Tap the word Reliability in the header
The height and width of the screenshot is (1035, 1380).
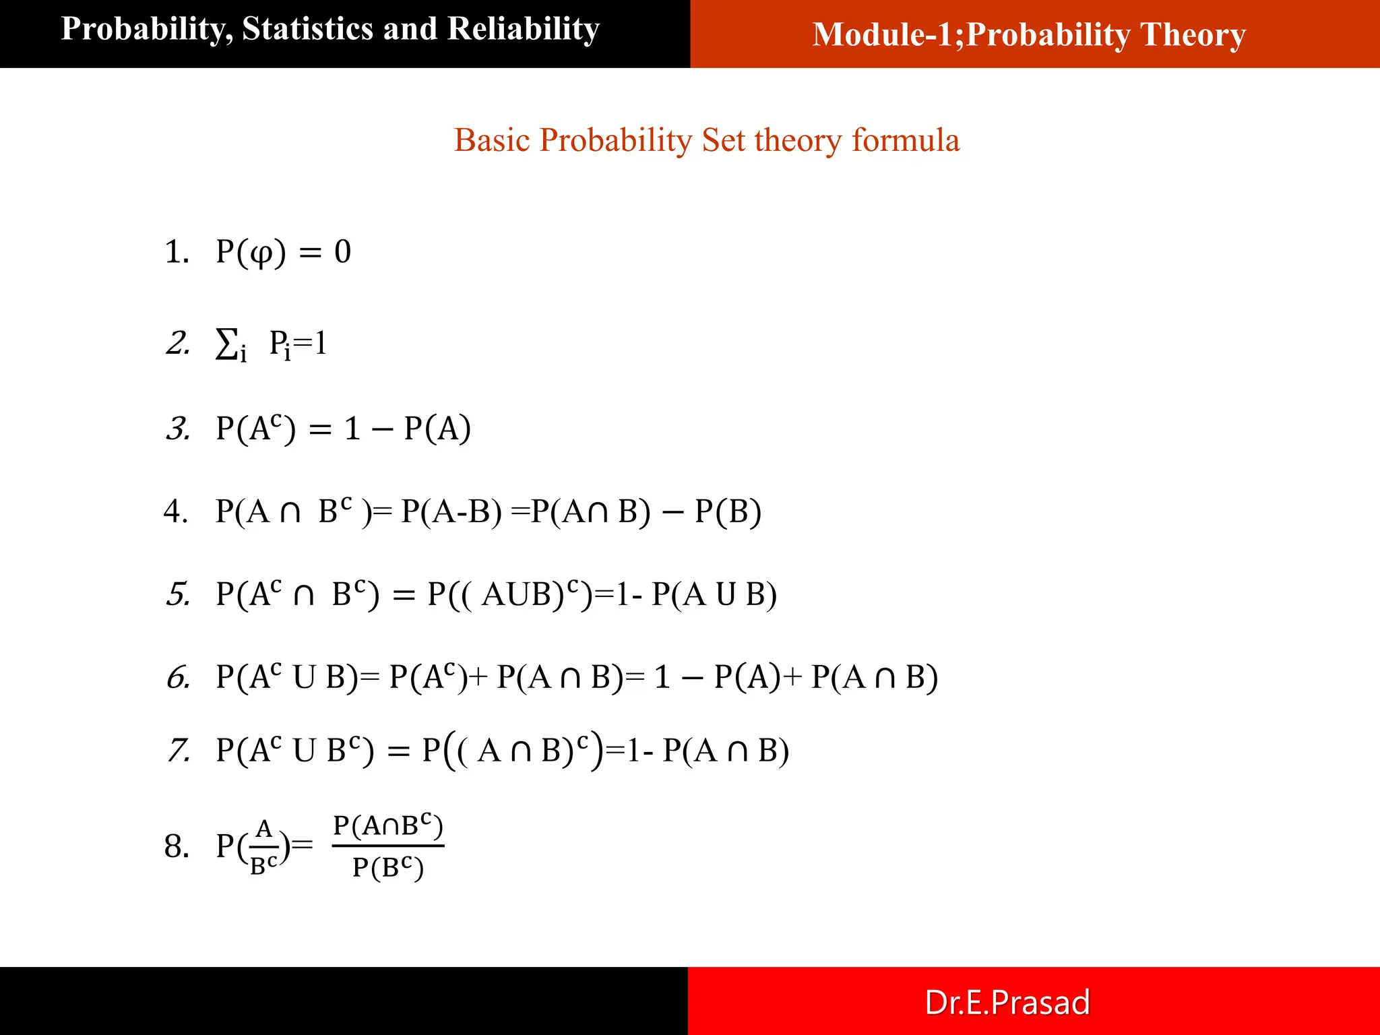523,29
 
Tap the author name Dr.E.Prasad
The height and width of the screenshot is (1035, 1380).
1007,1002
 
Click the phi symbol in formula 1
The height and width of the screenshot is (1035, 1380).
261,253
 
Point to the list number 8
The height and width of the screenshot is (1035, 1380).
177,846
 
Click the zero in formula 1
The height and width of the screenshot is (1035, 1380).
343,252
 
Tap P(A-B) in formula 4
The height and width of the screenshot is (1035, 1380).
451,511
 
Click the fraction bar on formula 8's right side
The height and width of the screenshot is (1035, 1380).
388,845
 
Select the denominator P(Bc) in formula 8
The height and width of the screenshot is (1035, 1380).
388,867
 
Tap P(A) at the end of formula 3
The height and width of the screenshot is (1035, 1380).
437,429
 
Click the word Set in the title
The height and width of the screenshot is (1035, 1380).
724,140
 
